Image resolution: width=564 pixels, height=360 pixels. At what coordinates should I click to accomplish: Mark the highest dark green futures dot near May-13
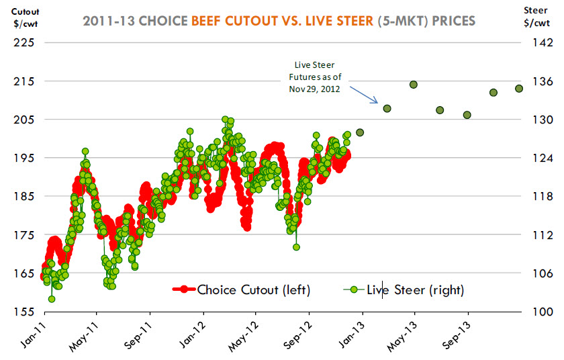tap(414, 85)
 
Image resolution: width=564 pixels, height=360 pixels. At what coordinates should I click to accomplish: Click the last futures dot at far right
tap(519, 89)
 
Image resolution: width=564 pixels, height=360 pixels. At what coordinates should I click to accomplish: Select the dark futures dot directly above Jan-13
tap(360, 132)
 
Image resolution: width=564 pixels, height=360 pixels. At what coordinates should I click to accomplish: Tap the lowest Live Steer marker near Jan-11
tap(52, 299)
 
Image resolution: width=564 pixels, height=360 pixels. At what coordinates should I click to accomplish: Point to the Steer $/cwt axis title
tap(535, 16)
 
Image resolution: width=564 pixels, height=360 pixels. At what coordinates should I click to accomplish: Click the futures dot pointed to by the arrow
tap(387, 108)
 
